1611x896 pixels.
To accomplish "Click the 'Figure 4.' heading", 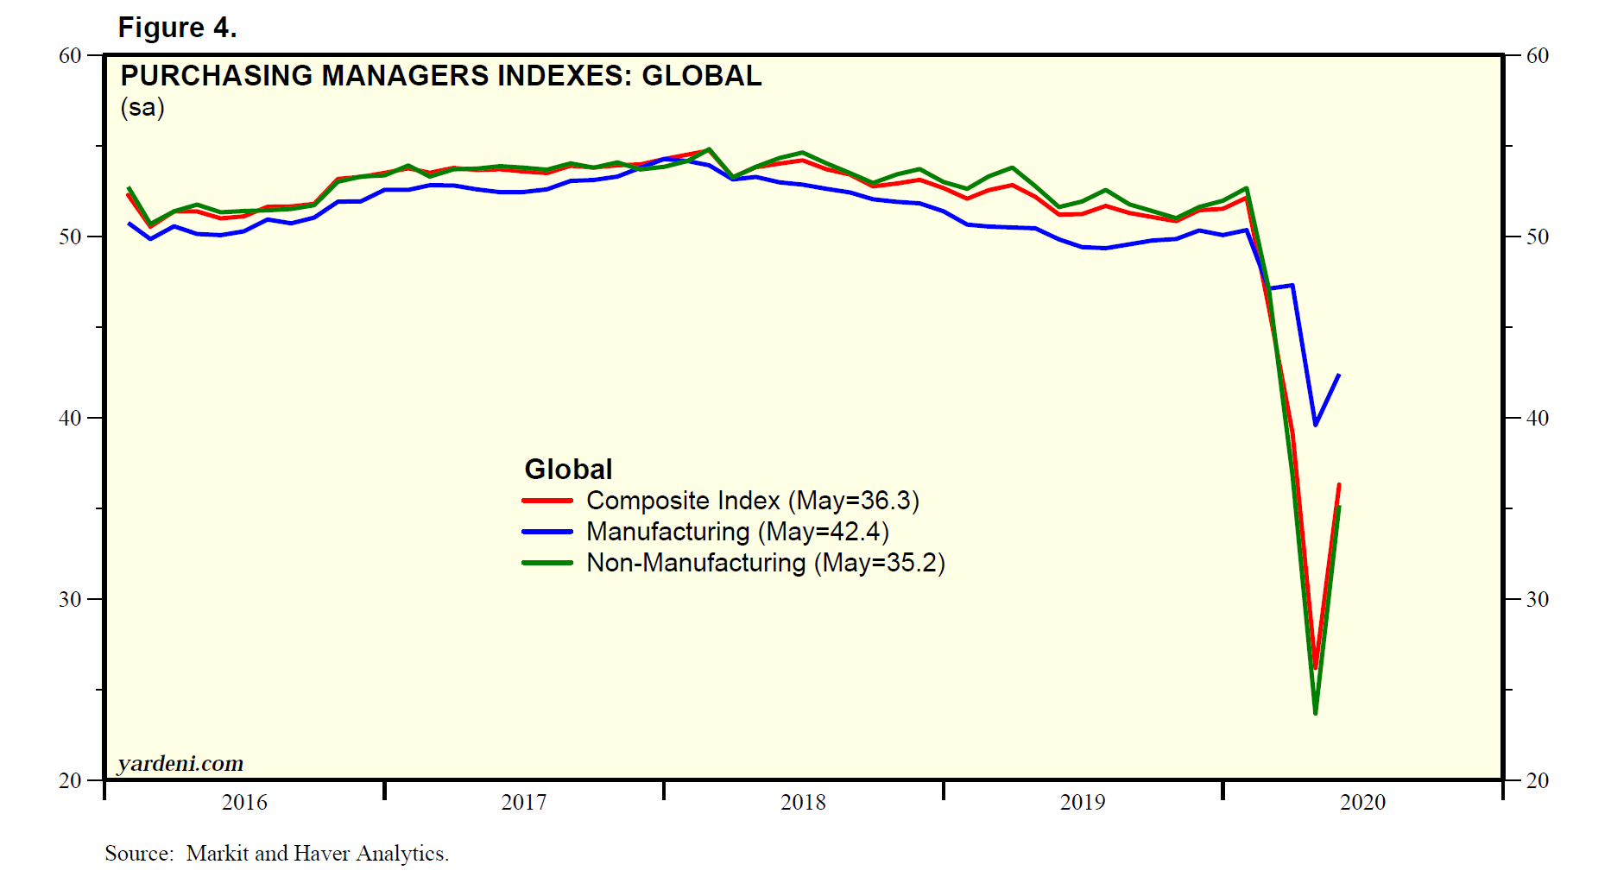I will (177, 28).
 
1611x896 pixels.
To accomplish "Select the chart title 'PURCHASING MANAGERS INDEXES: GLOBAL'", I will (440, 76).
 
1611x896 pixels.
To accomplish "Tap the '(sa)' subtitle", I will (142, 107).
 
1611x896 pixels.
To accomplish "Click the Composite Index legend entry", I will (752, 501).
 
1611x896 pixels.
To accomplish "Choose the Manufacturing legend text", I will (737, 532).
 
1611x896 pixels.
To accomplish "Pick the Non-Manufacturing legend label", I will (765, 563).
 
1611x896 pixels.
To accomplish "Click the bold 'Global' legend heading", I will (568, 470).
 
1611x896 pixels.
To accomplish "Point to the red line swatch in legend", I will (547, 501).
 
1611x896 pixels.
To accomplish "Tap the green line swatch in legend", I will (547, 563).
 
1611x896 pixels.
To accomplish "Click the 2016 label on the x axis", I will (244, 802).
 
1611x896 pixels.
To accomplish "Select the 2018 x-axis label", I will (803, 802).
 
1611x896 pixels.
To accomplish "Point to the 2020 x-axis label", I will (1362, 802).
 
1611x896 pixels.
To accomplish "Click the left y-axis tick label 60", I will (70, 56).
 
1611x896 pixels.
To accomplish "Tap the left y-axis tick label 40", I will (70, 418).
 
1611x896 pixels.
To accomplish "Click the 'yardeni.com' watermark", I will (180, 763).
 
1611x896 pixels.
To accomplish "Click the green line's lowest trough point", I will (1315, 712).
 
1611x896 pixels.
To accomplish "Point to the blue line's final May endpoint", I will (1338, 375).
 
